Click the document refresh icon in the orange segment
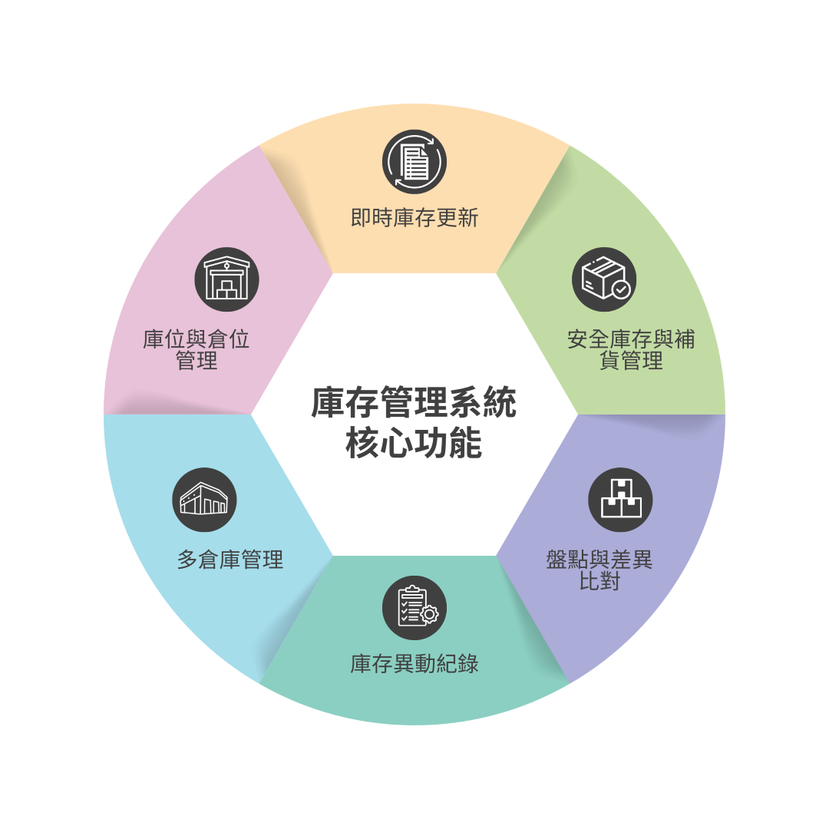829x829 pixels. point(414,162)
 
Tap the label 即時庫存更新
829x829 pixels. point(414,218)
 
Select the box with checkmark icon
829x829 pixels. point(604,279)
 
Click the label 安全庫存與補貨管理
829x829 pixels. point(631,350)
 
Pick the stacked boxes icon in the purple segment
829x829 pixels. point(621,500)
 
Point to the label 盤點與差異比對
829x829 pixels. point(599,570)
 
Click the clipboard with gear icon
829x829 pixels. point(414,608)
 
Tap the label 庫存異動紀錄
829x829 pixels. point(414,664)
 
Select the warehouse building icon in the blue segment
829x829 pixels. point(205,500)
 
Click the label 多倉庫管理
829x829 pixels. point(230,560)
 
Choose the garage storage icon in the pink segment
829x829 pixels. point(226,279)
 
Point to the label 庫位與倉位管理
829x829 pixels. point(197,350)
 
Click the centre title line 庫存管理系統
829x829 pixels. point(414,403)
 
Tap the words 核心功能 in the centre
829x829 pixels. point(414,443)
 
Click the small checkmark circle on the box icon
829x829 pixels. point(621,289)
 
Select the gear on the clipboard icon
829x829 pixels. point(429,614)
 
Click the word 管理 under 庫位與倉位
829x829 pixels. point(197,361)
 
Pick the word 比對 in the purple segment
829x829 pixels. point(599,582)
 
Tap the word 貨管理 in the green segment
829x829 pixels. point(631,361)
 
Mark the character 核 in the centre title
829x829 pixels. point(362,443)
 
